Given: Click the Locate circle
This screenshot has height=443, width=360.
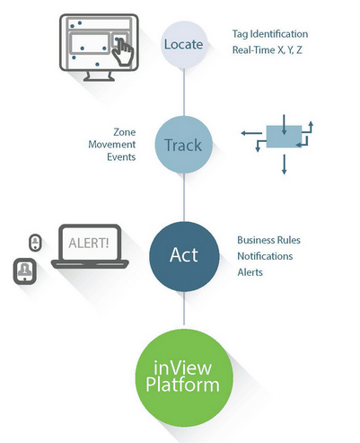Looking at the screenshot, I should pyautogui.click(x=184, y=45).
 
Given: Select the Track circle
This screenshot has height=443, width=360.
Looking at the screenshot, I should pyautogui.click(x=184, y=144).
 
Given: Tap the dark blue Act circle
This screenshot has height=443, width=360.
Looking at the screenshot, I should pyautogui.click(x=184, y=255).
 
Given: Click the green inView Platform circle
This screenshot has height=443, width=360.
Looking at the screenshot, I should pyautogui.click(x=184, y=378).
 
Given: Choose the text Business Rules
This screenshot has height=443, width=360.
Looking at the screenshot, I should pyautogui.click(x=268, y=241).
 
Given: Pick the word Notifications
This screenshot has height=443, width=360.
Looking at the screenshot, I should pyautogui.click(x=266, y=256).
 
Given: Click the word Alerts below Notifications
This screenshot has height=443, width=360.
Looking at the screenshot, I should pyautogui.click(x=250, y=271).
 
